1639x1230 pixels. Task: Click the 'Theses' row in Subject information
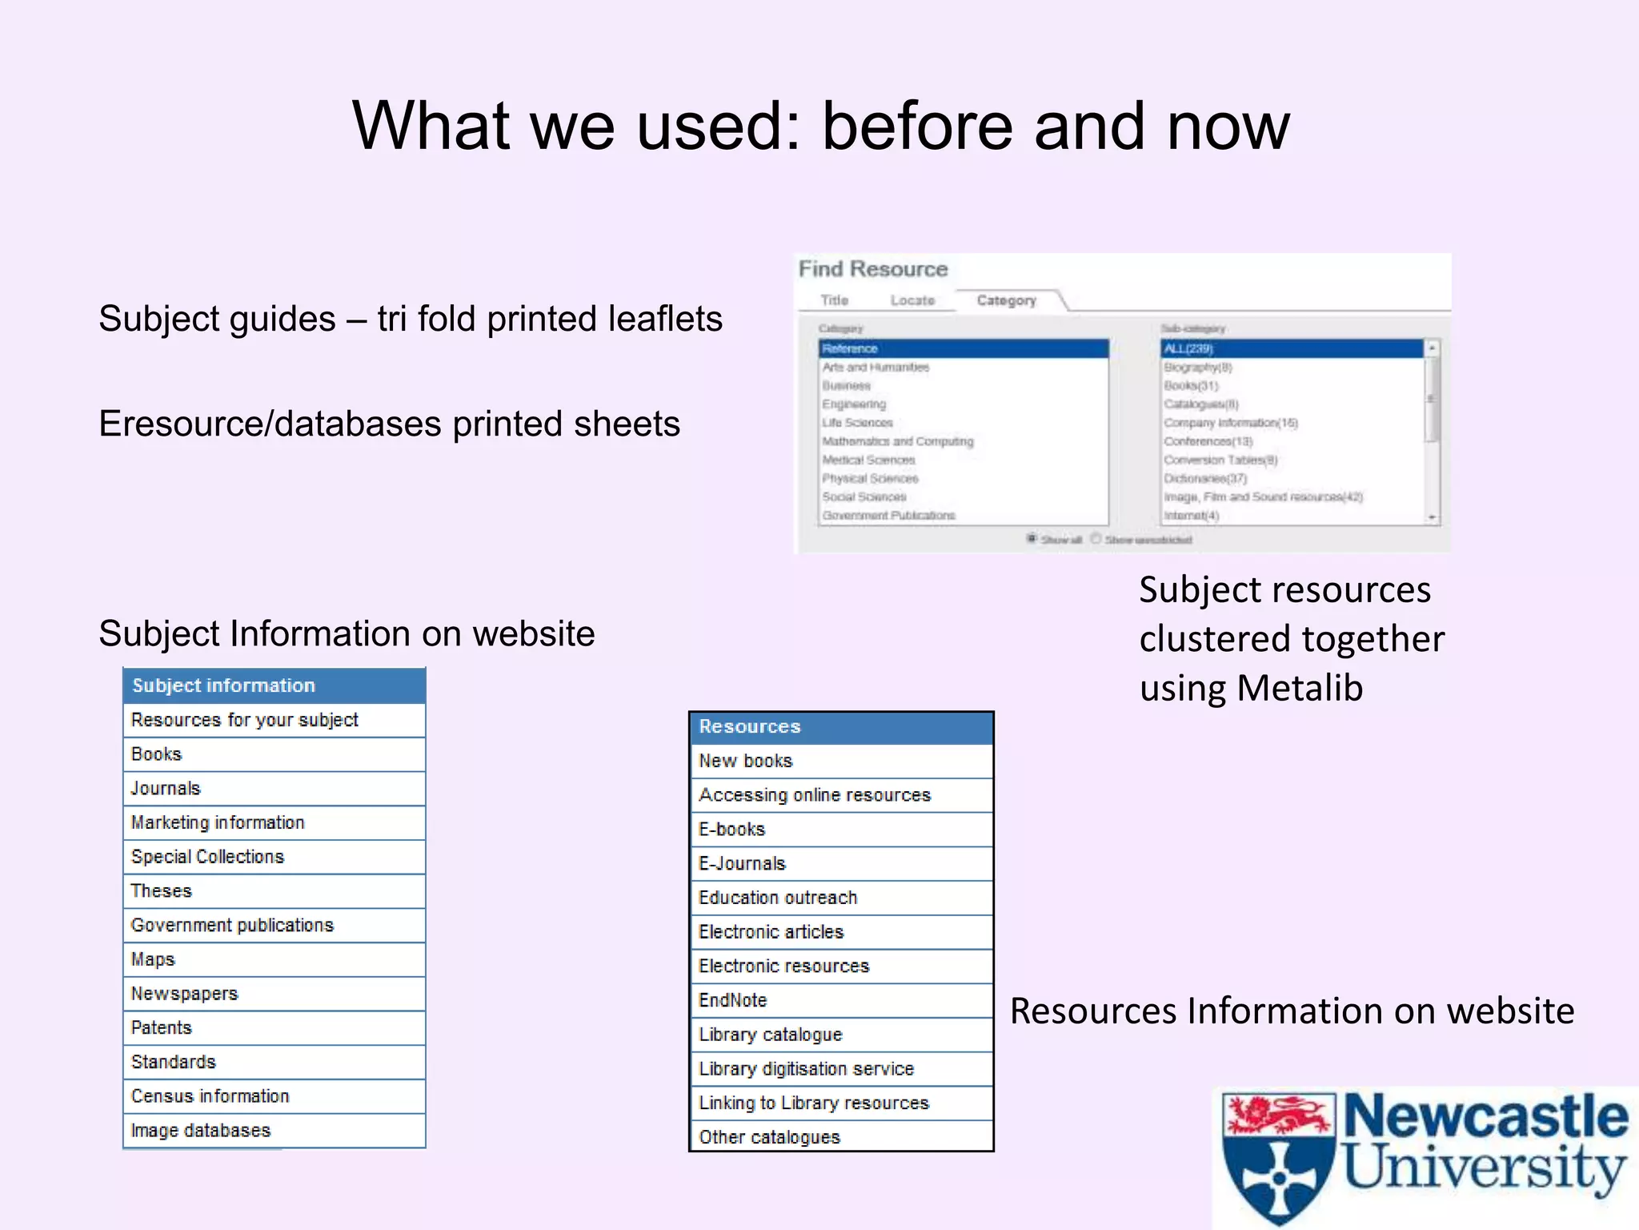(x=162, y=890)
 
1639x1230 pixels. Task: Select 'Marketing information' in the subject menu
(x=218, y=822)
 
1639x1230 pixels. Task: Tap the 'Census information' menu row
(x=210, y=1095)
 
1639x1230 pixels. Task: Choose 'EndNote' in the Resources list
(x=732, y=1000)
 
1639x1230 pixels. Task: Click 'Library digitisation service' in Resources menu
(x=806, y=1068)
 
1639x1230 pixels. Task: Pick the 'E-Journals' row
(x=742, y=863)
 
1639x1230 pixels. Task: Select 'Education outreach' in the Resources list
(x=777, y=898)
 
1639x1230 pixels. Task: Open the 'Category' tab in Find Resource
(x=1006, y=300)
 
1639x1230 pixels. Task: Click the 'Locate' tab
(x=912, y=300)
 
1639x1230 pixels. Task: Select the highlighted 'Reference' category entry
(x=850, y=348)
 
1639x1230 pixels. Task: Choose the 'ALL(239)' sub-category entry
(x=1188, y=348)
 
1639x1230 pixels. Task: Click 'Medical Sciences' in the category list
(x=868, y=460)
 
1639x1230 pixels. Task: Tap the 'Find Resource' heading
(x=872, y=269)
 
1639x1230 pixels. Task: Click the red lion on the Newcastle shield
(x=1278, y=1115)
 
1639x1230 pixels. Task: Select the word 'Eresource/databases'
(x=270, y=424)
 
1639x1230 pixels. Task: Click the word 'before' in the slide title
(x=918, y=126)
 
